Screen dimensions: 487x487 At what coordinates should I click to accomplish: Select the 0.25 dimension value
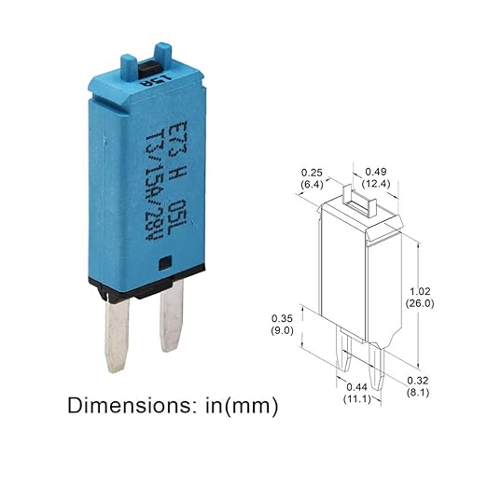tap(312, 173)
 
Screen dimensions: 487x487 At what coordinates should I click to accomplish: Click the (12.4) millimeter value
tap(376, 184)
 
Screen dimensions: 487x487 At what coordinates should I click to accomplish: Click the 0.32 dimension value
tap(418, 380)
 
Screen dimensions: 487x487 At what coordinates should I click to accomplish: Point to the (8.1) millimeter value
tap(418, 393)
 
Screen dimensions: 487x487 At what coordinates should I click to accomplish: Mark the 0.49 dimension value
tap(376, 171)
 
